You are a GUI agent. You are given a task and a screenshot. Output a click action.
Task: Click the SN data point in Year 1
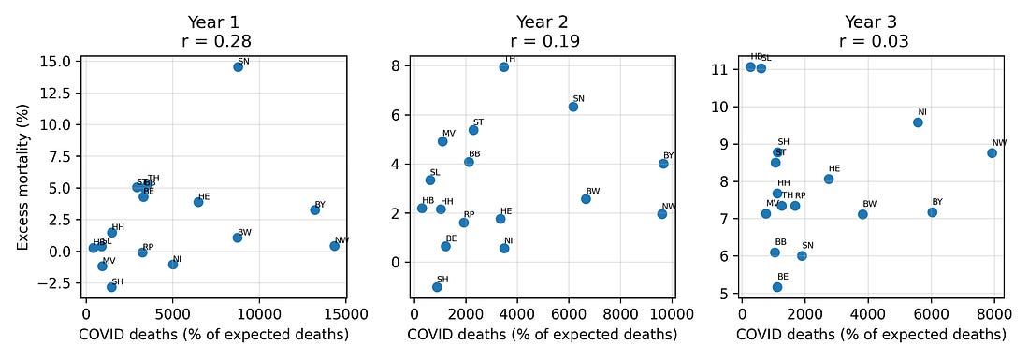[x=239, y=67]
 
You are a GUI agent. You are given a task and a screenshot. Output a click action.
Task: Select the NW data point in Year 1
[x=334, y=246]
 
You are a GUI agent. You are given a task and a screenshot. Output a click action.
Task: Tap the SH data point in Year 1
[x=111, y=287]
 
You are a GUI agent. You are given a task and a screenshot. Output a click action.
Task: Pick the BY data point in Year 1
[x=315, y=209]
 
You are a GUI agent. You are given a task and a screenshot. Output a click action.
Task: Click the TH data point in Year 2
[x=503, y=66]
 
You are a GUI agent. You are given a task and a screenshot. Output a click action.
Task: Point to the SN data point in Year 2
[x=573, y=107]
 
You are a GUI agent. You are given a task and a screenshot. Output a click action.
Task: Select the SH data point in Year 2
[x=437, y=287]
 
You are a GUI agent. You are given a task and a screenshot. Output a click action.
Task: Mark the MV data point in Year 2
[x=442, y=141]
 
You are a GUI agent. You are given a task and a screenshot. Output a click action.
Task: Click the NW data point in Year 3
[x=992, y=153]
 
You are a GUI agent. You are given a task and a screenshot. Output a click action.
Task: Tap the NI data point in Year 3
[x=918, y=122]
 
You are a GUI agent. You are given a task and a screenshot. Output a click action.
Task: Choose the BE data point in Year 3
[x=777, y=287]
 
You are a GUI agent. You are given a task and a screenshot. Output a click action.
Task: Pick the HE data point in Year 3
[x=829, y=179]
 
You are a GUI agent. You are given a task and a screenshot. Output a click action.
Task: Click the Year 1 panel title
[x=216, y=22]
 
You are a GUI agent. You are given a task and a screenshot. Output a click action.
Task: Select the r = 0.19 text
[x=544, y=41]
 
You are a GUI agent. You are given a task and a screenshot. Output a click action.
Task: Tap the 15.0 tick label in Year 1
[x=58, y=61]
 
